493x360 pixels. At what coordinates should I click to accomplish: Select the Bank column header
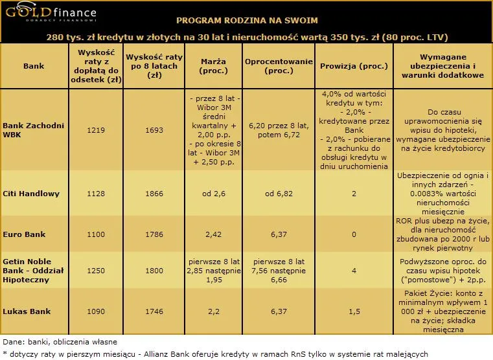click(x=33, y=66)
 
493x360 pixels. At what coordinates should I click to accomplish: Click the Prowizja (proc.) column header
click(x=354, y=66)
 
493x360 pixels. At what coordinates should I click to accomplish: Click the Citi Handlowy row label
click(x=32, y=193)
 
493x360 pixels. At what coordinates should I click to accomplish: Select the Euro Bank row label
click(x=25, y=234)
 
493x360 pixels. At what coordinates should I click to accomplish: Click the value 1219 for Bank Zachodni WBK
click(x=96, y=130)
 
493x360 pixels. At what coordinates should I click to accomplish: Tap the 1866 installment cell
click(x=154, y=193)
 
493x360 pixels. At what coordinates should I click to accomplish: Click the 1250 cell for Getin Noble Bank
click(x=96, y=270)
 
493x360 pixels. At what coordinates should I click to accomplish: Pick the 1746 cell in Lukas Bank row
click(x=154, y=311)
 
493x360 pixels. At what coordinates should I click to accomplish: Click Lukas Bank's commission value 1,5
click(x=354, y=311)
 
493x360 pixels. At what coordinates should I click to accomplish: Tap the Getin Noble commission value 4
click(x=354, y=270)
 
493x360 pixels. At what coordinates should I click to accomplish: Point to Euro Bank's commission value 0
click(x=354, y=234)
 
